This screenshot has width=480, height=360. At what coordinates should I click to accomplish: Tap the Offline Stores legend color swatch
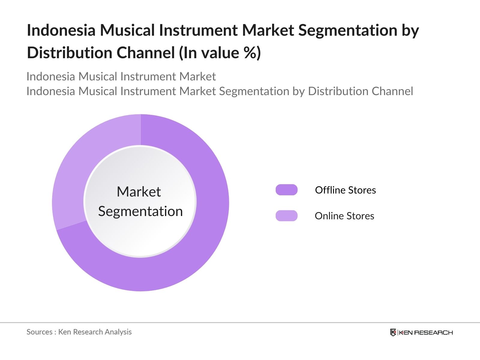[x=286, y=190]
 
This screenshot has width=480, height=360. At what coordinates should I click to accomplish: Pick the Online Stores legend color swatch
[x=286, y=216]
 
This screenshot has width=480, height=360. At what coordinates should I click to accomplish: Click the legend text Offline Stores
[x=345, y=190]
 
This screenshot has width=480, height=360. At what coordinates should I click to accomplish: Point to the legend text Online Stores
[x=344, y=216]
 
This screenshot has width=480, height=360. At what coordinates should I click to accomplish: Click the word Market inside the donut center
[x=139, y=192]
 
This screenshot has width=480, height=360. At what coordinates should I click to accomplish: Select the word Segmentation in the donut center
[x=140, y=211]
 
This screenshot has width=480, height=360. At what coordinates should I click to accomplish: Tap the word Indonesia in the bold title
[x=61, y=30]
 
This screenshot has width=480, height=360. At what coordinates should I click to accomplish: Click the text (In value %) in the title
[x=220, y=53]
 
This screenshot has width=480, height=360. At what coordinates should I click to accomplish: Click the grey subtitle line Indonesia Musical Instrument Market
[x=121, y=76]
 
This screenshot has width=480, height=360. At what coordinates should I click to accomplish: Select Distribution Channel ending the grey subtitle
[x=360, y=91]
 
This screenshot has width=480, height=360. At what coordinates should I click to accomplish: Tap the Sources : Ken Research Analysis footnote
[x=79, y=332]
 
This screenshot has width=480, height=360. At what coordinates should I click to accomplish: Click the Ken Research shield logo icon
[x=393, y=332]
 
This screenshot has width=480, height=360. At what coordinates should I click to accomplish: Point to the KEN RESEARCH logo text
[x=426, y=332]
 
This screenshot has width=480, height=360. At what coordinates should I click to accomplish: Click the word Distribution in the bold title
[x=69, y=53]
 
